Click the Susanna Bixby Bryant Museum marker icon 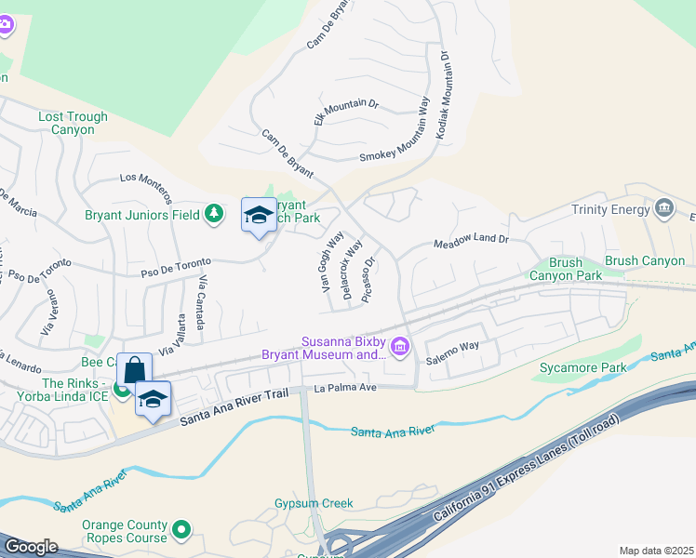tap(401, 348)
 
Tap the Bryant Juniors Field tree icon tap(215, 214)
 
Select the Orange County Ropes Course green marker tap(181, 531)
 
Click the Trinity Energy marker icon tap(663, 206)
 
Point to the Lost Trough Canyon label tap(73, 123)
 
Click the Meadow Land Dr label tap(472, 242)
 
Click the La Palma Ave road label tap(344, 388)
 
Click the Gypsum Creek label tap(314, 503)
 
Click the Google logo tap(31, 547)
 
